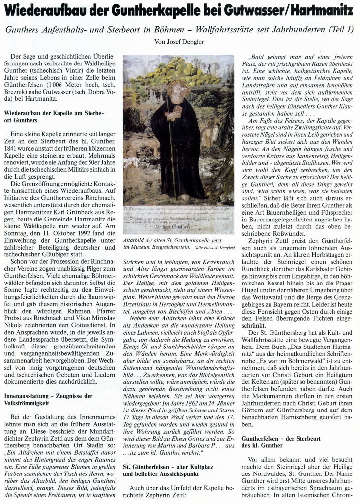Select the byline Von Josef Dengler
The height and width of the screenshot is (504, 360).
[180, 41]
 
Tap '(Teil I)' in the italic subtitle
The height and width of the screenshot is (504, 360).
[336, 30]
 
